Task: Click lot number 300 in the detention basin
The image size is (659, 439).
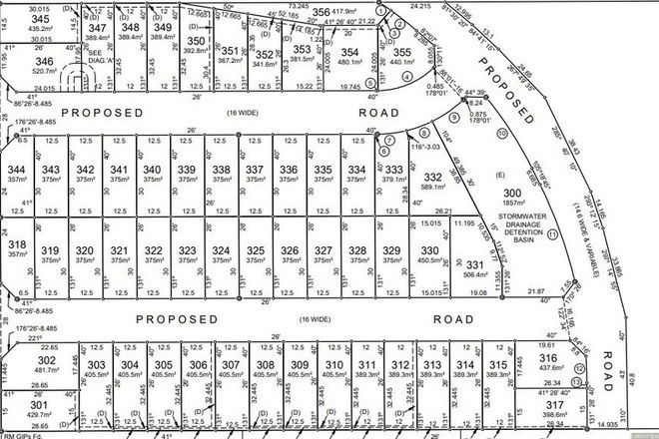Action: coord(512,193)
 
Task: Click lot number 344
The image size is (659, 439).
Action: coord(17,171)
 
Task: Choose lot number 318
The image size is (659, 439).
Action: coord(17,244)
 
